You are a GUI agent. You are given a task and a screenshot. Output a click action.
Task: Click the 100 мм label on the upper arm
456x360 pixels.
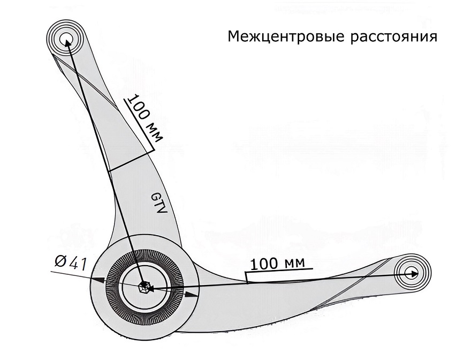[x=145, y=118]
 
